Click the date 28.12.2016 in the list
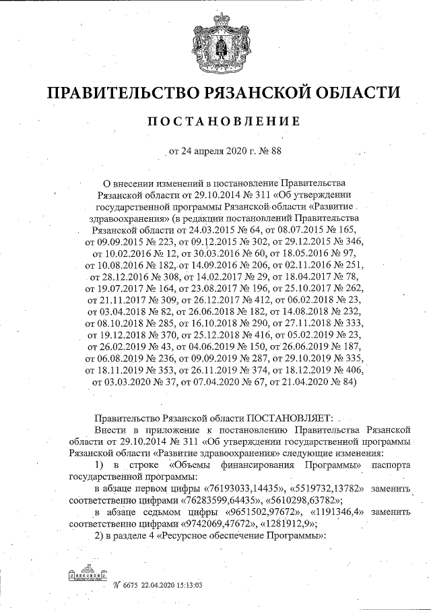[112, 276]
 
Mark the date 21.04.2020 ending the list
[295, 382]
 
